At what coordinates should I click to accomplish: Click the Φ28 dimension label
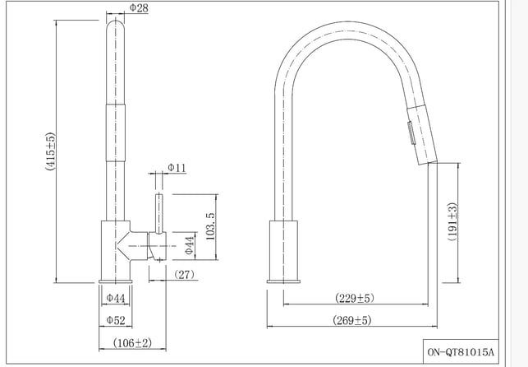click(x=139, y=8)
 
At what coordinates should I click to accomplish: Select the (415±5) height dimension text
click(x=50, y=151)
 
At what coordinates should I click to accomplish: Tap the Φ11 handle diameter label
click(x=177, y=168)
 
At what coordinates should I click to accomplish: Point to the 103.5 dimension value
click(x=209, y=226)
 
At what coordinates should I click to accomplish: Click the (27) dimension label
click(x=184, y=275)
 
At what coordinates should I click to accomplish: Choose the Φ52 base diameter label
click(x=116, y=320)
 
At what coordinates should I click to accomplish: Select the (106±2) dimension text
click(x=132, y=343)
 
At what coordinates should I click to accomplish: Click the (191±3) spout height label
click(x=452, y=221)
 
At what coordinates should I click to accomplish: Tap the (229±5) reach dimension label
click(x=355, y=298)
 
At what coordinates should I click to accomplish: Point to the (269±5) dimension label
click(x=352, y=320)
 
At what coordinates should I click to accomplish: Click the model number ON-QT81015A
click(x=461, y=352)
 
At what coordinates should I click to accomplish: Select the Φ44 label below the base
click(x=116, y=298)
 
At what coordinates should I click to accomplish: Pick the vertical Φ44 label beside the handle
click(x=190, y=245)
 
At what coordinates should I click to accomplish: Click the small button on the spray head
click(x=411, y=133)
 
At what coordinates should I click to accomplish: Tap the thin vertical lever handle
click(x=159, y=213)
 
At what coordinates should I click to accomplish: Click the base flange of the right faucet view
click(x=283, y=281)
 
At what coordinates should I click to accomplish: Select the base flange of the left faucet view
click(x=116, y=281)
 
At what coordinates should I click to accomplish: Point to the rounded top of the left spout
click(x=116, y=26)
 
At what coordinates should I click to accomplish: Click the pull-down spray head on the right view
click(x=422, y=135)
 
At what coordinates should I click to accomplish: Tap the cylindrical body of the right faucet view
click(x=283, y=250)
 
